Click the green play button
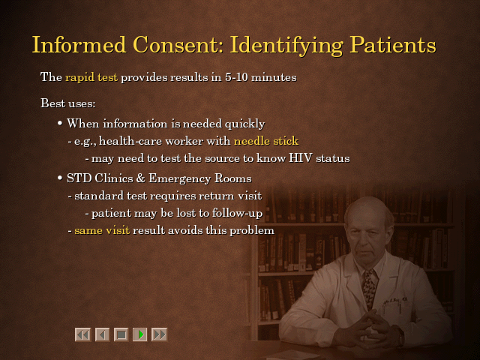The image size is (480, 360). pos(140,334)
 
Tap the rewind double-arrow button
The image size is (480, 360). pos(83,334)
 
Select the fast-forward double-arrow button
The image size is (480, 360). pos(159,334)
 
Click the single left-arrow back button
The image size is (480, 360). pos(102,334)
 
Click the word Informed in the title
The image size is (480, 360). pos(79,45)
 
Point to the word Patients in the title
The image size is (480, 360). pos(393,45)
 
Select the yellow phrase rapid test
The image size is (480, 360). pos(91,77)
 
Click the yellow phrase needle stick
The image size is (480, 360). pos(266,141)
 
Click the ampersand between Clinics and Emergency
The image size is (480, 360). pos(140,178)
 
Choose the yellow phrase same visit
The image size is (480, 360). pos(102,230)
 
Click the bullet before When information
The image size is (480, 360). pos(60,123)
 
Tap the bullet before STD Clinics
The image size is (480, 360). pos(60,178)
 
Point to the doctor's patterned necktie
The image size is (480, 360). pos(368,287)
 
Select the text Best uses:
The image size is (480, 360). pos(68,103)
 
